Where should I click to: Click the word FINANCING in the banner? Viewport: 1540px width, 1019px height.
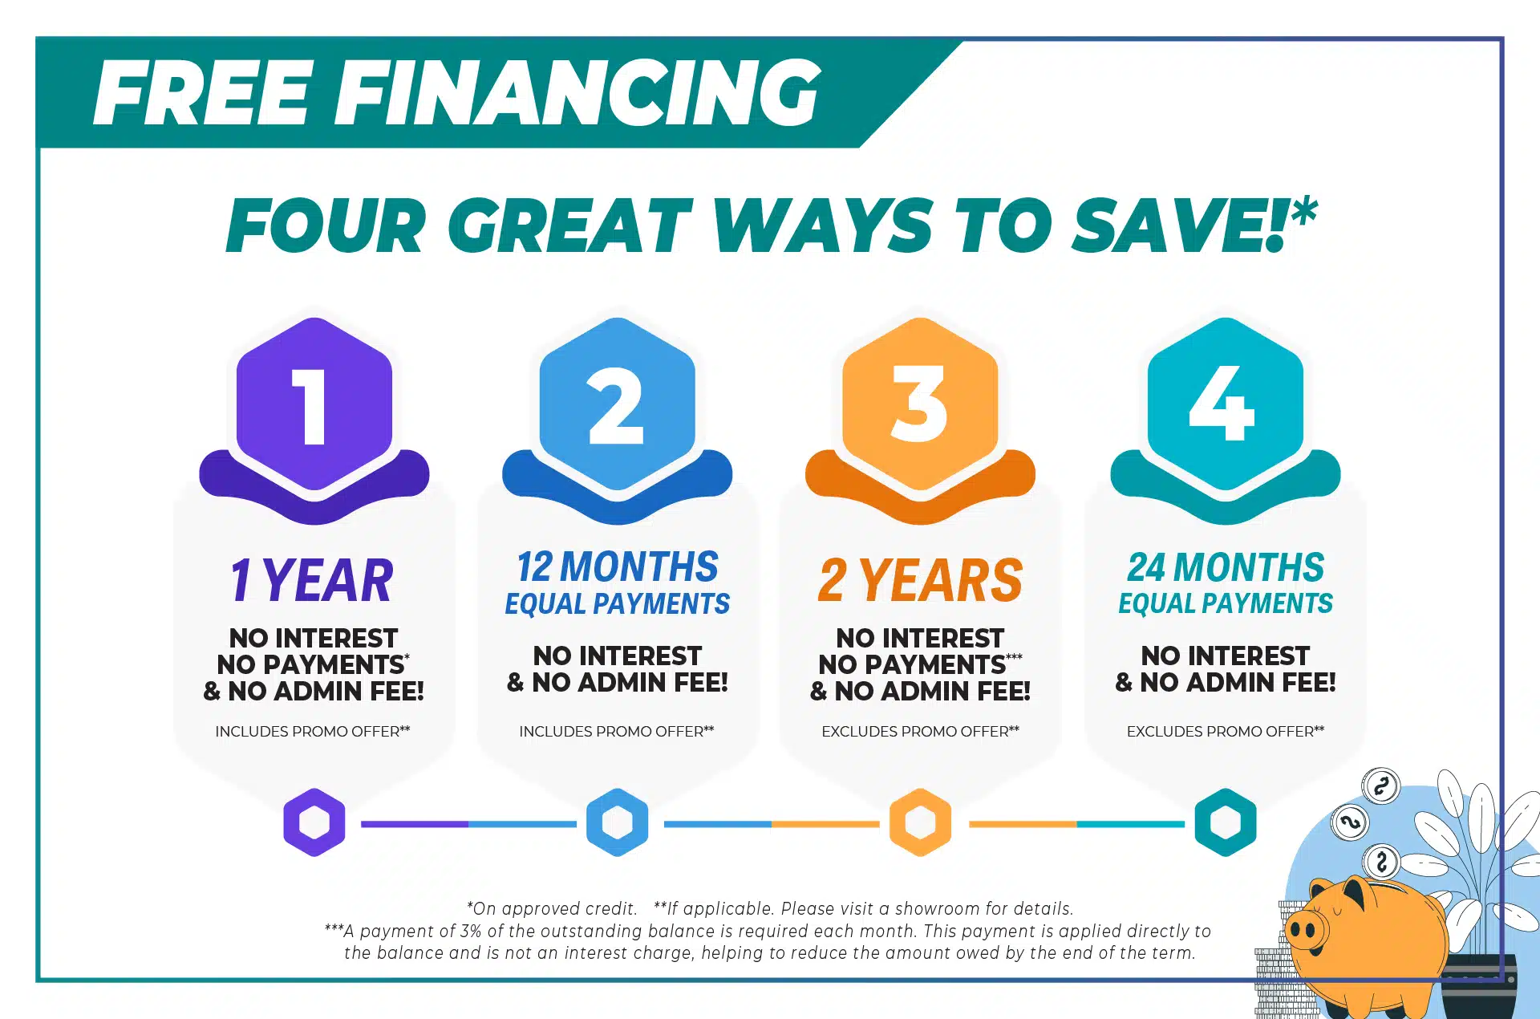[583, 93]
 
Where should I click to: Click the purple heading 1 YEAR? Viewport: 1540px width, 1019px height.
[313, 580]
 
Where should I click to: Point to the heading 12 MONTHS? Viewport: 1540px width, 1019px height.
[618, 566]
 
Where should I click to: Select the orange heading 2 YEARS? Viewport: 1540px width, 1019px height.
[921, 580]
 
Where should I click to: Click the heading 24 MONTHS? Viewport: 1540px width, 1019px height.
[1226, 566]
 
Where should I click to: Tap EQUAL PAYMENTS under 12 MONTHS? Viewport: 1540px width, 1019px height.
[618, 603]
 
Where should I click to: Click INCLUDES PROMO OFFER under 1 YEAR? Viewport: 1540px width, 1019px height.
[313, 731]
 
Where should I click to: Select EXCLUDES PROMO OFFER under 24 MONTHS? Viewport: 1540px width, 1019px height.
[1226, 731]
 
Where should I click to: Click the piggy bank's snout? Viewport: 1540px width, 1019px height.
[1305, 930]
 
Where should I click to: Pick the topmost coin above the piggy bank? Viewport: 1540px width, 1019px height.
[1380, 786]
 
